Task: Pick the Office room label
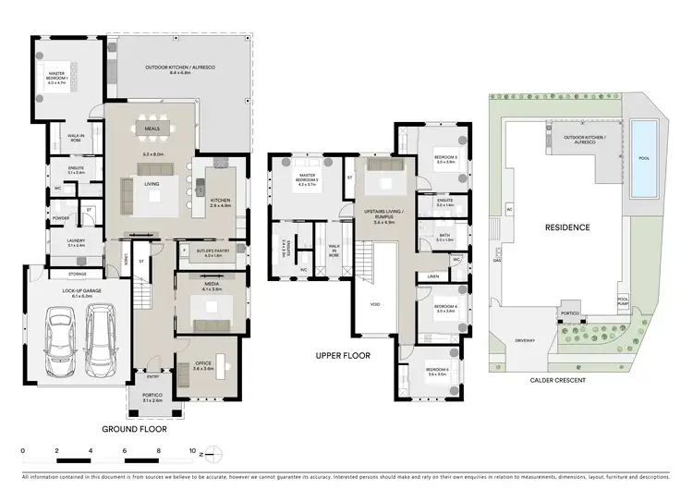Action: [202, 366]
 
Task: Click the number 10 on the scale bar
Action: [192, 453]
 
